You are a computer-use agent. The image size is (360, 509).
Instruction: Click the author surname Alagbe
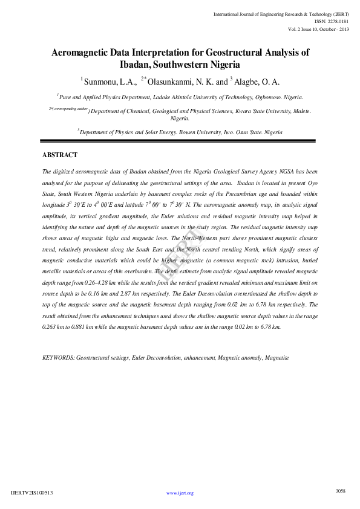tap(249, 82)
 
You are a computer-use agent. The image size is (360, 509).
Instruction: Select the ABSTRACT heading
tap(60, 155)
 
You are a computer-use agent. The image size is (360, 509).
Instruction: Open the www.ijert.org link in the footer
tap(180, 493)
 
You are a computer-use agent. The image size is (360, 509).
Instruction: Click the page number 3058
tap(340, 491)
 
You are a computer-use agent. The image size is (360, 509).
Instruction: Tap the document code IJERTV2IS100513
tap(32, 493)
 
